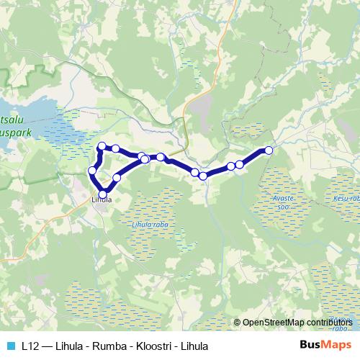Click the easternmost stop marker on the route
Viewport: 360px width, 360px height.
click(x=269, y=150)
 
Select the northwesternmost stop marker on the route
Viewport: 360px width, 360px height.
click(x=102, y=147)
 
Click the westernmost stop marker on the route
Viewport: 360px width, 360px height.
click(x=92, y=171)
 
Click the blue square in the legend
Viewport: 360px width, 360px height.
click(x=12, y=345)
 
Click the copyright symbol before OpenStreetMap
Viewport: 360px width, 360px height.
click(x=238, y=323)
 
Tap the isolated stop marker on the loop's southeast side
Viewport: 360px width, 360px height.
click(x=117, y=177)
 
